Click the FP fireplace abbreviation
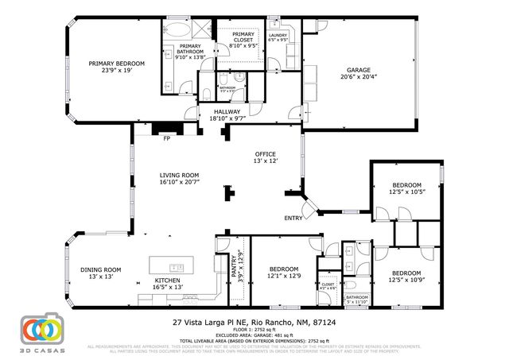tap(167, 139)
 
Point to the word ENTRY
tap(292, 219)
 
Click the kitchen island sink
tap(177, 266)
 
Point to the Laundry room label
tap(278, 37)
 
